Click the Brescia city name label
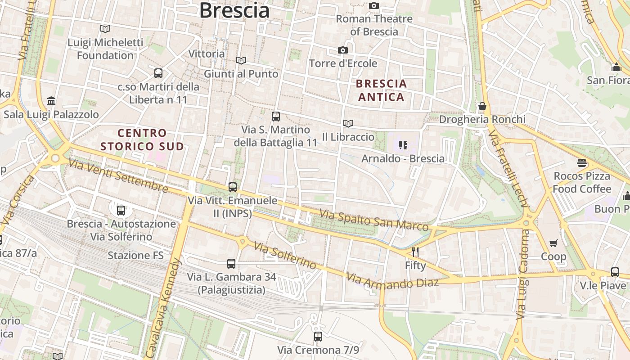click(x=234, y=10)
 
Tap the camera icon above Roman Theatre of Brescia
click(x=374, y=6)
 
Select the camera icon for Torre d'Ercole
click(x=343, y=50)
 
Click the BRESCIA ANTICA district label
click(x=381, y=90)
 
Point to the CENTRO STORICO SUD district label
click(x=142, y=139)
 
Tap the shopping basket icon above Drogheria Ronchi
click(x=482, y=107)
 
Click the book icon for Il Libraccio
click(x=348, y=123)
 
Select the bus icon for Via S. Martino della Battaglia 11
click(x=276, y=117)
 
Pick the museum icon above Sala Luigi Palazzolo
click(x=51, y=101)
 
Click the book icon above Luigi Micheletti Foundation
click(x=105, y=29)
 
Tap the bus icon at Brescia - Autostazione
click(x=121, y=210)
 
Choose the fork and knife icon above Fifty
click(x=415, y=252)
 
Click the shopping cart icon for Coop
click(x=553, y=243)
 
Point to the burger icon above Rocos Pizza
click(x=582, y=162)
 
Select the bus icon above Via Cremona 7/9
click(x=318, y=336)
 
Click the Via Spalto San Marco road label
click(x=373, y=220)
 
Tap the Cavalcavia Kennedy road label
click(x=163, y=308)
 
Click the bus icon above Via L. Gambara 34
click(x=231, y=263)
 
